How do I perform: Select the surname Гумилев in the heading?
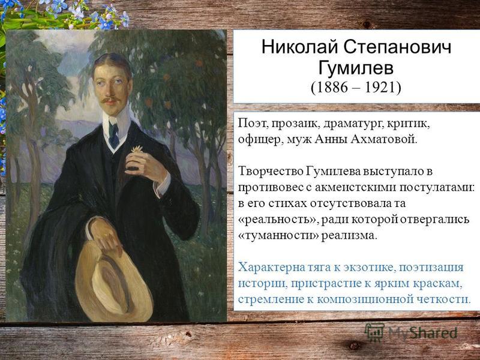click(356, 68)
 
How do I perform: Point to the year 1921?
click(380, 88)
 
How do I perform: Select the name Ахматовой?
click(384, 140)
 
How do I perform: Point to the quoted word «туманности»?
click(278, 235)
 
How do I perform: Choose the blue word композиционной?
click(364, 299)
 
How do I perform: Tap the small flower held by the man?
click(137, 149)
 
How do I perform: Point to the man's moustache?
click(111, 100)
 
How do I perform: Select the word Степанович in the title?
click(397, 47)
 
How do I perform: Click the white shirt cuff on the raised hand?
click(163, 184)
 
